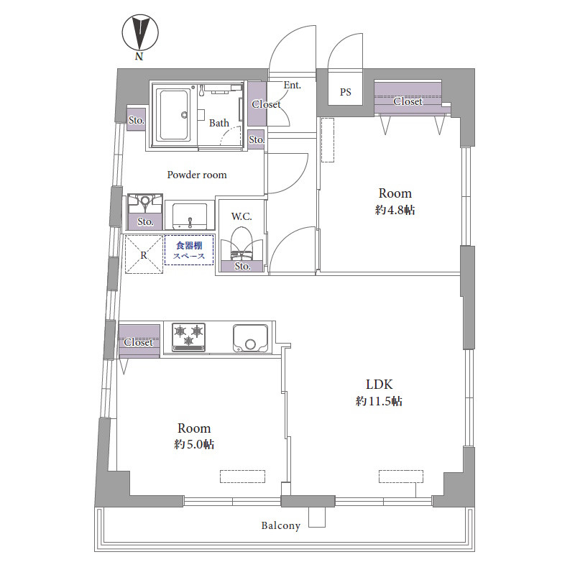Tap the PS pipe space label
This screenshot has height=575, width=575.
pyautogui.click(x=346, y=92)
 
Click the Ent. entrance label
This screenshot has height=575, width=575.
pyautogui.click(x=293, y=85)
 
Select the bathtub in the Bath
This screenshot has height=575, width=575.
pyautogui.click(x=174, y=114)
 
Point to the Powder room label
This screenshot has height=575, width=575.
pyautogui.click(x=197, y=175)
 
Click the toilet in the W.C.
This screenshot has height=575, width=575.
pyautogui.click(x=241, y=244)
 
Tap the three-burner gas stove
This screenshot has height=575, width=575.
pyautogui.click(x=188, y=337)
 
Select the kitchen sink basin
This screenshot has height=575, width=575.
pyautogui.click(x=250, y=338)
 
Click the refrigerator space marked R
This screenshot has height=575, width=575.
pyautogui.click(x=144, y=254)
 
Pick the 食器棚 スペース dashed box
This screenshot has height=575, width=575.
pyautogui.click(x=189, y=249)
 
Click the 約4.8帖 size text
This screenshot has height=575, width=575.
pyautogui.click(x=395, y=210)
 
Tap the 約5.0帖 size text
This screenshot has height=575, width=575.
pyautogui.click(x=194, y=444)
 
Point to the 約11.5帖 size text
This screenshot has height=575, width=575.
pyautogui.click(x=379, y=401)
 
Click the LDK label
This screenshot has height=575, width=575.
pyautogui.click(x=379, y=385)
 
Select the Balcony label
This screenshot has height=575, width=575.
pyautogui.click(x=280, y=525)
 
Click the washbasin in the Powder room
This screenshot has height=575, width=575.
pyautogui.click(x=190, y=216)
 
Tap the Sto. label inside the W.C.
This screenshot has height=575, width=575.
pyautogui.click(x=242, y=266)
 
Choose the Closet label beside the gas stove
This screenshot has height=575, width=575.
pyautogui.click(x=138, y=342)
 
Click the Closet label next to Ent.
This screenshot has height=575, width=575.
pyautogui.click(x=266, y=104)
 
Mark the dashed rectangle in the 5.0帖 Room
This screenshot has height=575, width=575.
pyautogui.click(x=242, y=477)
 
